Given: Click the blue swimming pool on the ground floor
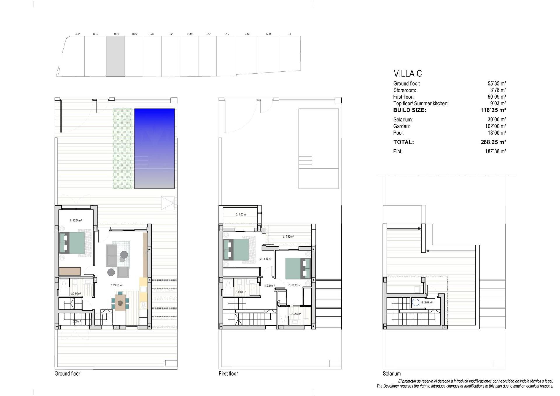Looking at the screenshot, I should [154, 148].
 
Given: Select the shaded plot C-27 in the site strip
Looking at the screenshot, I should [116, 56].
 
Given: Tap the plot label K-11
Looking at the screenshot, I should [269, 34].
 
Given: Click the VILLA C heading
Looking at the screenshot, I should [407, 74].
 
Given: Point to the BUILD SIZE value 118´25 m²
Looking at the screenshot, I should [493, 110].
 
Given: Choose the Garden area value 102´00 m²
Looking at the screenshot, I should [496, 126].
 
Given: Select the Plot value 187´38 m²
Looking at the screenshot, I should [496, 151].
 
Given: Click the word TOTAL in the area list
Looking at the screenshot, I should [403, 142].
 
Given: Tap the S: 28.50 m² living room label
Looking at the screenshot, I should [116, 285].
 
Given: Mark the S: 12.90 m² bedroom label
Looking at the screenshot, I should [76, 221].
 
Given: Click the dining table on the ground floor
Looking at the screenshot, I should [120, 303].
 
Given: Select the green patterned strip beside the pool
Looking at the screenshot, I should [123, 148].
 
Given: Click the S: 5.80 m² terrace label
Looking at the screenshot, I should [288, 237].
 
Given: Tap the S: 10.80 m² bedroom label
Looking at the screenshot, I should [295, 285].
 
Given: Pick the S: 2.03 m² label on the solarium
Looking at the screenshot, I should [427, 303].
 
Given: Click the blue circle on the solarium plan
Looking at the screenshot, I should [416, 303].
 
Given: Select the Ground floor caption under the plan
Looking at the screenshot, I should [67, 374].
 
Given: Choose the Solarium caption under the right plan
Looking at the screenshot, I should [392, 374].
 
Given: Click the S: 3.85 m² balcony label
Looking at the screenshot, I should [241, 214].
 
